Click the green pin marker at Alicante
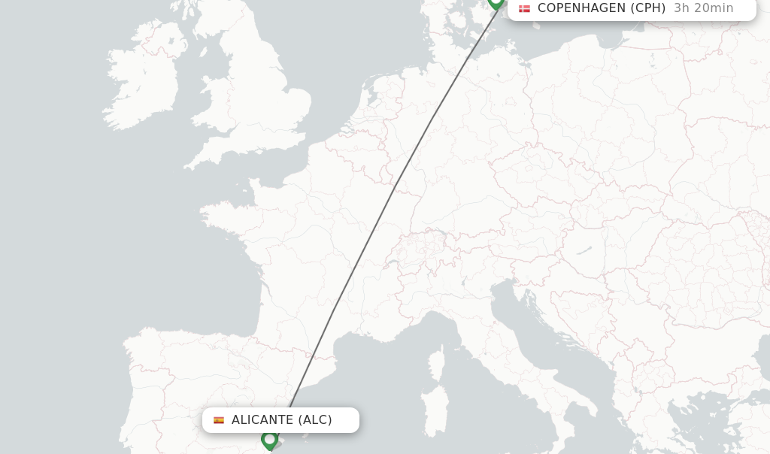(x=269, y=439)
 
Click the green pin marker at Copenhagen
(x=496, y=2)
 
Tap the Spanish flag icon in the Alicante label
(x=219, y=420)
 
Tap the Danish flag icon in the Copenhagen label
(x=524, y=8)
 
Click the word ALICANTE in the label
(x=262, y=420)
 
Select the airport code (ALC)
(x=315, y=420)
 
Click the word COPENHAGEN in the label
(x=581, y=8)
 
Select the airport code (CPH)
(x=647, y=8)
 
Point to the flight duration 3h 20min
(x=703, y=8)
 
